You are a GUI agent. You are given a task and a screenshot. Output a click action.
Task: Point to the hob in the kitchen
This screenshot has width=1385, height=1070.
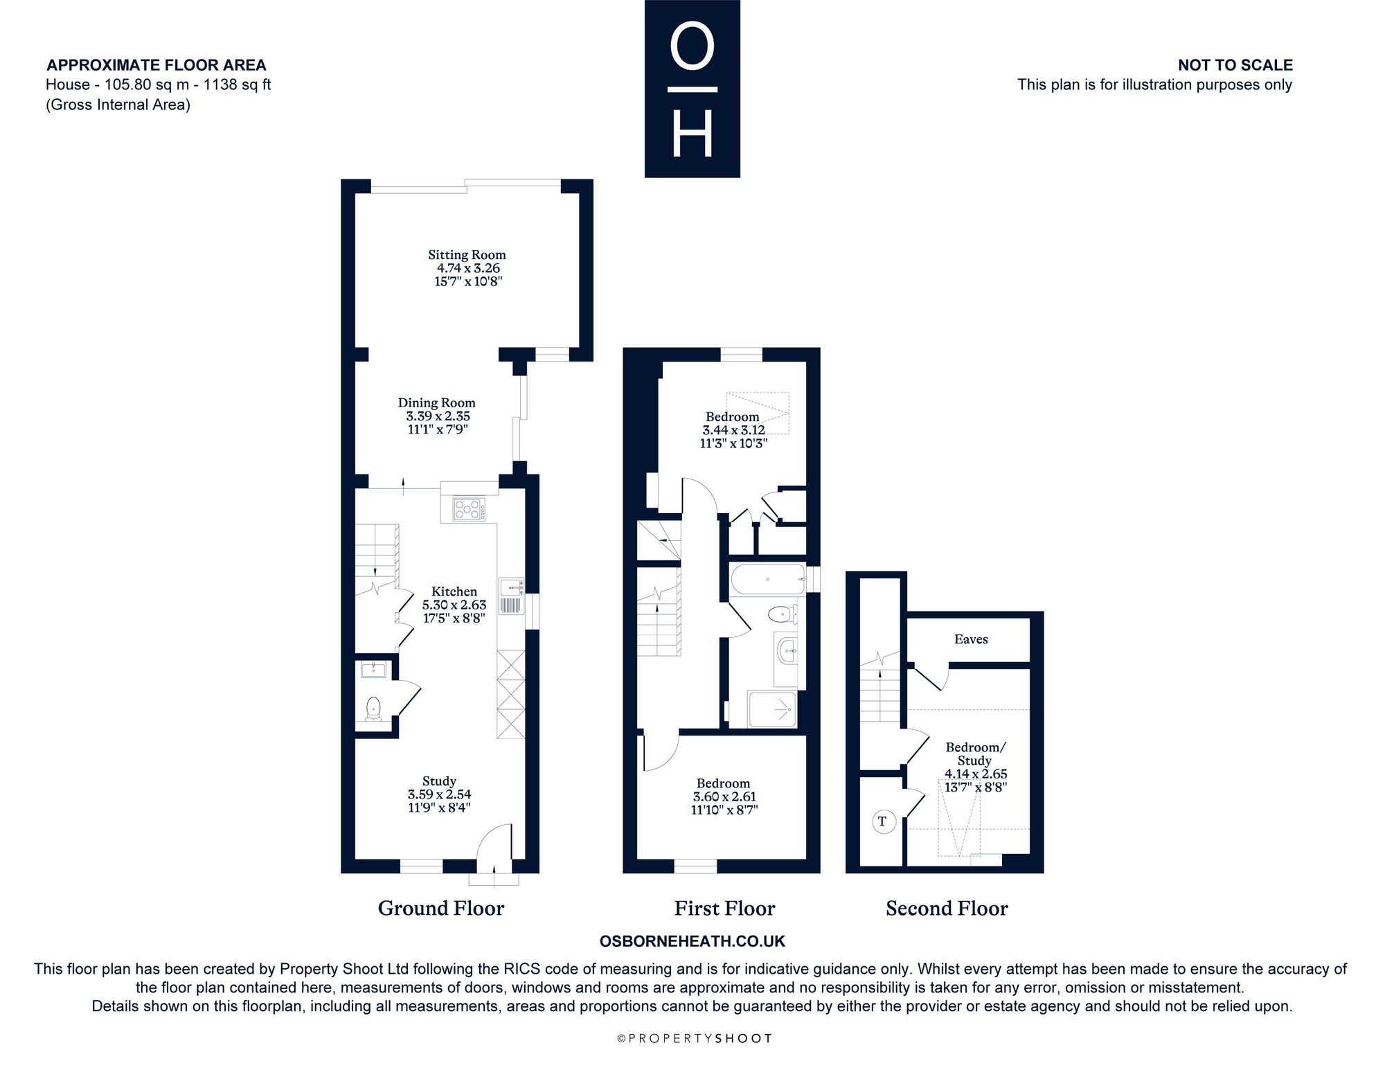469,510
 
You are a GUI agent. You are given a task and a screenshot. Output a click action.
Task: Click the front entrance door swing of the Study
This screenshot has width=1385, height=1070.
495,841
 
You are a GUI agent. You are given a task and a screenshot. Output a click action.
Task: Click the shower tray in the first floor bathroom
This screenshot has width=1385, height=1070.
772,708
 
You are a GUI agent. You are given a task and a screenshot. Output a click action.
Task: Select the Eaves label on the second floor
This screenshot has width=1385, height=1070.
971,639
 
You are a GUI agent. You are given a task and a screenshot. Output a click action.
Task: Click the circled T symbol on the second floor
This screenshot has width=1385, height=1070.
882,822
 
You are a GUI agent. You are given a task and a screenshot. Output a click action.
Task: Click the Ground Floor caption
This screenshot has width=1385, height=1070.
441,909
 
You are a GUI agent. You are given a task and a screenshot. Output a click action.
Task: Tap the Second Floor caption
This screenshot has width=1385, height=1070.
947,909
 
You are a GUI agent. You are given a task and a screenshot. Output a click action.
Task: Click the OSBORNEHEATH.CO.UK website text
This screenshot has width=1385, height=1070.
692,941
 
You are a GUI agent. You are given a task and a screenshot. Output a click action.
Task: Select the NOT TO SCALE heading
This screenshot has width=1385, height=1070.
1235,65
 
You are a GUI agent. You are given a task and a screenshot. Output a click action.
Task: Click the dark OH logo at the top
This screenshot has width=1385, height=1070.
692,89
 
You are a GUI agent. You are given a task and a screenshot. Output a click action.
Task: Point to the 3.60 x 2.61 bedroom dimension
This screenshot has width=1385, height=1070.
724,797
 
